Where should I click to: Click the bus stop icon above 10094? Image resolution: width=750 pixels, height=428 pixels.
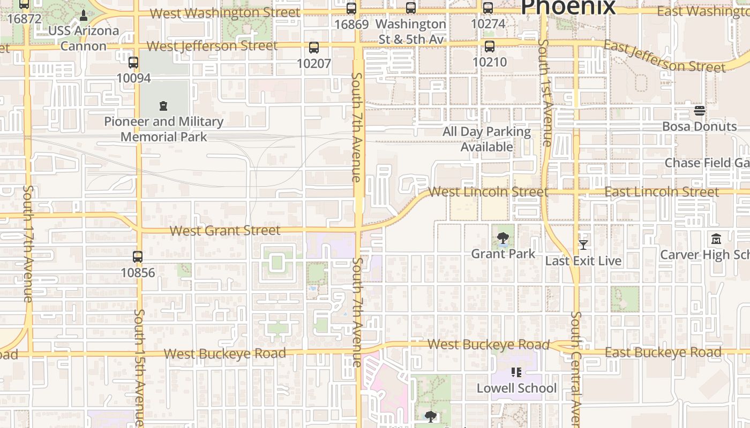click(133, 63)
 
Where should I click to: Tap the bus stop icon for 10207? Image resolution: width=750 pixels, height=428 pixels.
click(314, 48)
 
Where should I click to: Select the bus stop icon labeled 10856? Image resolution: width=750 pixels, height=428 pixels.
click(138, 257)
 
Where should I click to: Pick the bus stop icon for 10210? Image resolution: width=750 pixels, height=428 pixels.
click(489, 47)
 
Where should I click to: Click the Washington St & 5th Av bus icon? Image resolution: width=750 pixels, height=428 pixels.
click(411, 8)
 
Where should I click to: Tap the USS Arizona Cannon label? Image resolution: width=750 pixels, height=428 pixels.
click(83, 38)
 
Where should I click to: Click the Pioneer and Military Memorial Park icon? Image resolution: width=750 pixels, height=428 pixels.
click(163, 106)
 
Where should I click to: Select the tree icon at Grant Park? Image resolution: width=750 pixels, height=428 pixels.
click(502, 238)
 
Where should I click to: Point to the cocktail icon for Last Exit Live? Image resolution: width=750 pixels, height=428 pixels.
click(583, 245)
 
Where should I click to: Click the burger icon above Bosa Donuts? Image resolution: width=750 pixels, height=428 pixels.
click(700, 111)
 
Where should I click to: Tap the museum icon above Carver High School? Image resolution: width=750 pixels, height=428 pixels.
click(716, 239)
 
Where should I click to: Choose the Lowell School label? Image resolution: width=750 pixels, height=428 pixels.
click(516, 388)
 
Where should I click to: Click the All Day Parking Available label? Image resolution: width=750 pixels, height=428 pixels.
click(486, 139)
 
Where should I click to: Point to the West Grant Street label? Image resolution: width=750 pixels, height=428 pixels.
click(225, 231)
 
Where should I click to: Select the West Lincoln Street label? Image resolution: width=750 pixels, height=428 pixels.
click(488, 192)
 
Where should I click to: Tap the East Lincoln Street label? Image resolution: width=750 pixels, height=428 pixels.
click(662, 192)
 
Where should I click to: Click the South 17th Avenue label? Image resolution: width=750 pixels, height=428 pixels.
click(28, 243)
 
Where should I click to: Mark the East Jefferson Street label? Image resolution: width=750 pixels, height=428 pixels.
click(664, 57)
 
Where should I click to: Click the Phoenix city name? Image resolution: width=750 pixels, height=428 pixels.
click(568, 7)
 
